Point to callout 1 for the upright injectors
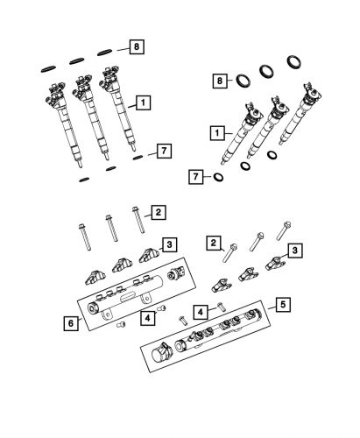(141, 102)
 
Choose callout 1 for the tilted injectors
(215, 134)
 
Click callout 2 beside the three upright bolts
(157, 212)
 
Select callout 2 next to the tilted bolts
(213, 243)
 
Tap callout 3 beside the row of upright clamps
(169, 244)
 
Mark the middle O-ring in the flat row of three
(77, 58)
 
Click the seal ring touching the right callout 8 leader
(237, 81)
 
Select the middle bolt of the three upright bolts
(111, 227)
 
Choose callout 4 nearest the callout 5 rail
(200, 312)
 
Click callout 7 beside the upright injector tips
(162, 152)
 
